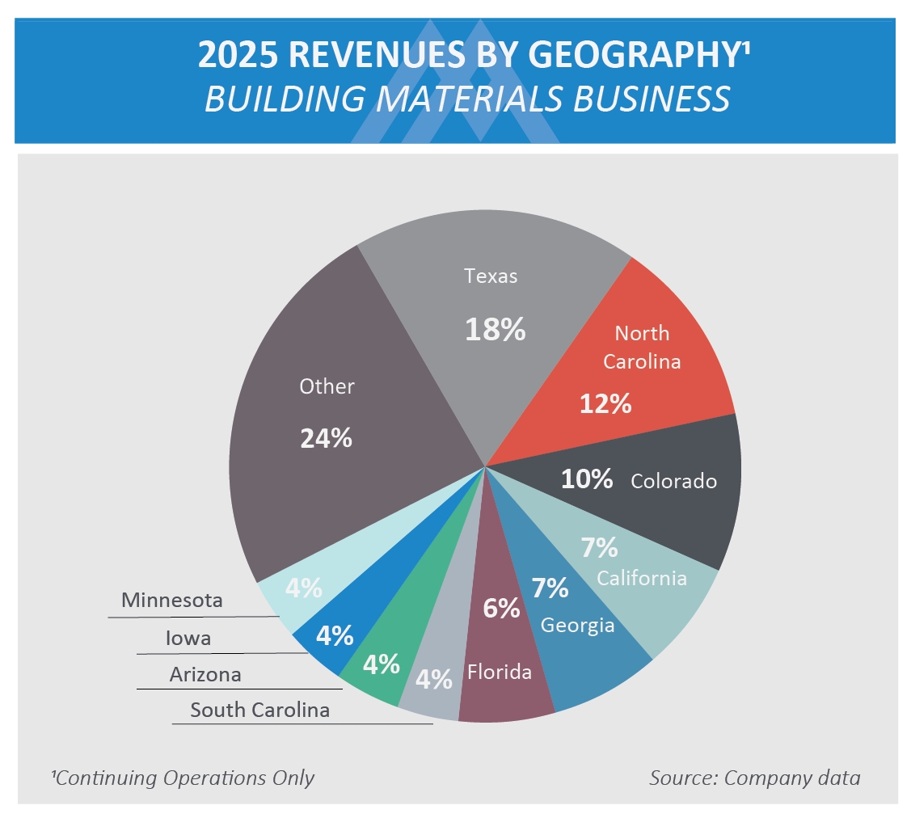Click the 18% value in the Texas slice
click(x=495, y=330)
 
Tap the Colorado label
click(x=673, y=481)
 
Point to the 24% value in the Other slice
click(x=327, y=438)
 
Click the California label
click(x=642, y=578)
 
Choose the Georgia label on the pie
click(x=577, y=625)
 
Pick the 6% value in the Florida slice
click(x=501, y=608)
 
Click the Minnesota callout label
click(x=171, y=601)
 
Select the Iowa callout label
click(x=188, y=638)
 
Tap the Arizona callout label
click(x=205, y=674)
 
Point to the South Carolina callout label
click(x=259, y=710)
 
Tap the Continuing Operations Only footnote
click(x=183, y=778)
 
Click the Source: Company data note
click(x=754, y=778)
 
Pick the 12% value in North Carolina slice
click(x=605, y=403)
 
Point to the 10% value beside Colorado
click(x=587, y=479)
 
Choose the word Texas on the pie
click(x=491, y=276)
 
